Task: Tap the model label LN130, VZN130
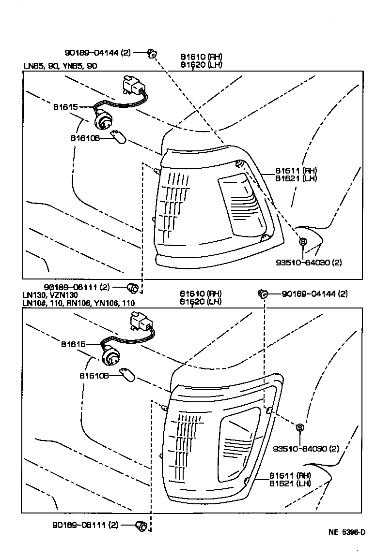pyautogui.click(x=50, y=294)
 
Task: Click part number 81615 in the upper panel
pyautogui.click(x=65, y=107)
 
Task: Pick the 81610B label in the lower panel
pyautogui.click(x=94, y=375)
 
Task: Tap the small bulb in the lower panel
pyautogui.click(x=128, y=375)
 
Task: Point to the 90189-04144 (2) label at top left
pyautogui.click(x=97, y=53)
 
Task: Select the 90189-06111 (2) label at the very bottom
pyautogui.click(x=85, y=525)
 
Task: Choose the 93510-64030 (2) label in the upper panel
pyautogui.click(x=309, y=263)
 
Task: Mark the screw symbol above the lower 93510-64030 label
pyautogui.click(x=299, y=427)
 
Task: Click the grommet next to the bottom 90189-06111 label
pyautogui.click(x=142, y=525)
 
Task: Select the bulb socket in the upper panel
pyautogui.click(x=104, y=118)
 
